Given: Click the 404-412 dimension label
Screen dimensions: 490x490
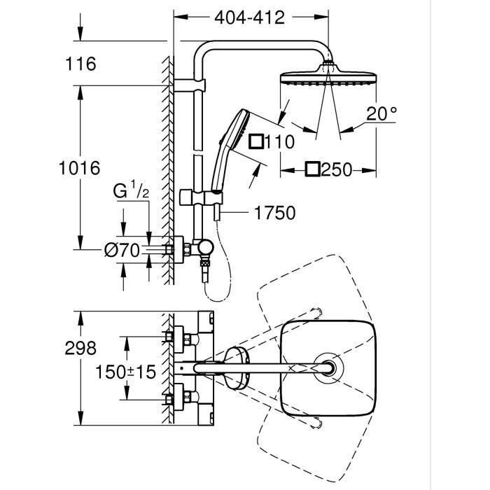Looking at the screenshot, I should click(x=250, y=17).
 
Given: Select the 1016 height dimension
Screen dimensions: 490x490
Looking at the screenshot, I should click(x=80, y=168).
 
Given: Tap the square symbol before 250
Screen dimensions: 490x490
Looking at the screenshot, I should click(x=313, y=169).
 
